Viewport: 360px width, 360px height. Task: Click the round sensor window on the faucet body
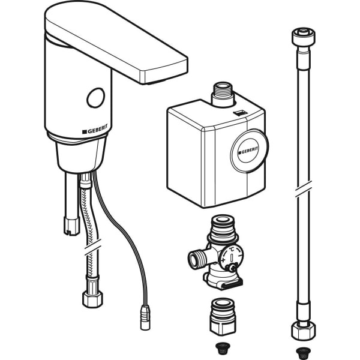point(96,98)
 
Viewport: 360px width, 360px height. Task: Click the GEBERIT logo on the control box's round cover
point(248,151)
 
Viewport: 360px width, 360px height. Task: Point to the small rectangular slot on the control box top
point(240,113)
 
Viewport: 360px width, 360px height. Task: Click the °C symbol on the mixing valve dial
point(232,250)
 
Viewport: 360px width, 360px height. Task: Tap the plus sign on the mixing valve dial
point(223,260)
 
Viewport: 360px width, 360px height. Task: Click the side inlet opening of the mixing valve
point(194,260)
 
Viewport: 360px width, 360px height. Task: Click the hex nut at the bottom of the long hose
point(303,331)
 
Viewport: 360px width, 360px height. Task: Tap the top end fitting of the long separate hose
point(303,37)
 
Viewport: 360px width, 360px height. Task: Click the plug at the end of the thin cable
point(145,317)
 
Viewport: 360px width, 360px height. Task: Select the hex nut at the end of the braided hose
point(92,299)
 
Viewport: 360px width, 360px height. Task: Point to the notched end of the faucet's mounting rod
point(71,226)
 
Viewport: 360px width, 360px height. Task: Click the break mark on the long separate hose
point(304,189)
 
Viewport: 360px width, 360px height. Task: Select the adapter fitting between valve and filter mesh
point(223,317)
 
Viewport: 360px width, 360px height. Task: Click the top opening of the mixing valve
point(222,220)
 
